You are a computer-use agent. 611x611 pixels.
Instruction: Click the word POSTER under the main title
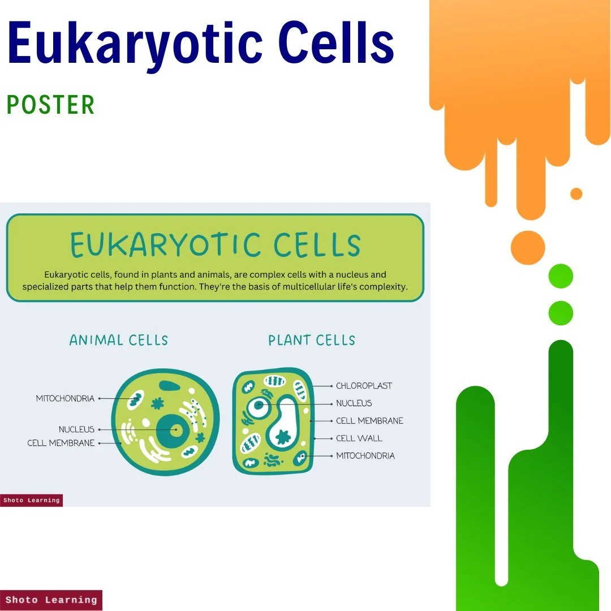click(50, 105)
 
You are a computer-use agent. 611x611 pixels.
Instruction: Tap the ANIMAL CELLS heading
click(119, 340)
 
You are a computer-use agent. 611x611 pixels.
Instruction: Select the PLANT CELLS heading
click(312, 340)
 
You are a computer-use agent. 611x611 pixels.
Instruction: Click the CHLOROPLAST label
click(364, 386)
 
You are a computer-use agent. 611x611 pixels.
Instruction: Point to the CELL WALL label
click(359, 438)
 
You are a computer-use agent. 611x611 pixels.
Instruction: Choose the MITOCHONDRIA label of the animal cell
click(65, 398)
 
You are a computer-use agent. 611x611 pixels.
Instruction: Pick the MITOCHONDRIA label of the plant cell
click(365, 456)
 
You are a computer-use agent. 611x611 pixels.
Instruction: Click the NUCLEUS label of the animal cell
click(76, 429)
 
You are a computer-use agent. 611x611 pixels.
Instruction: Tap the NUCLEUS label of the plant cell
click(354, 403)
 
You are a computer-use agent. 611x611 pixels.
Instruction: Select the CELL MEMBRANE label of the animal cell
click(61, 443)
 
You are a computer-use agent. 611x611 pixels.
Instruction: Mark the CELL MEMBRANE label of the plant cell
click(369, 421)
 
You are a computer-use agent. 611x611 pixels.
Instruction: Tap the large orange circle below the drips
click(528, 248)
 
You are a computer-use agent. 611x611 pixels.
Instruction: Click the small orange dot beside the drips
click(576, 194)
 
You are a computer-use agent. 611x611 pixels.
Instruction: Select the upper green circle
click(561, 276)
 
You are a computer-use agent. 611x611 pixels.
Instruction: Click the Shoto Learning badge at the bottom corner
click(51, 600)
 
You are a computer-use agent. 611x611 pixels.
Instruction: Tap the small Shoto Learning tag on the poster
click(31, 500)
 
